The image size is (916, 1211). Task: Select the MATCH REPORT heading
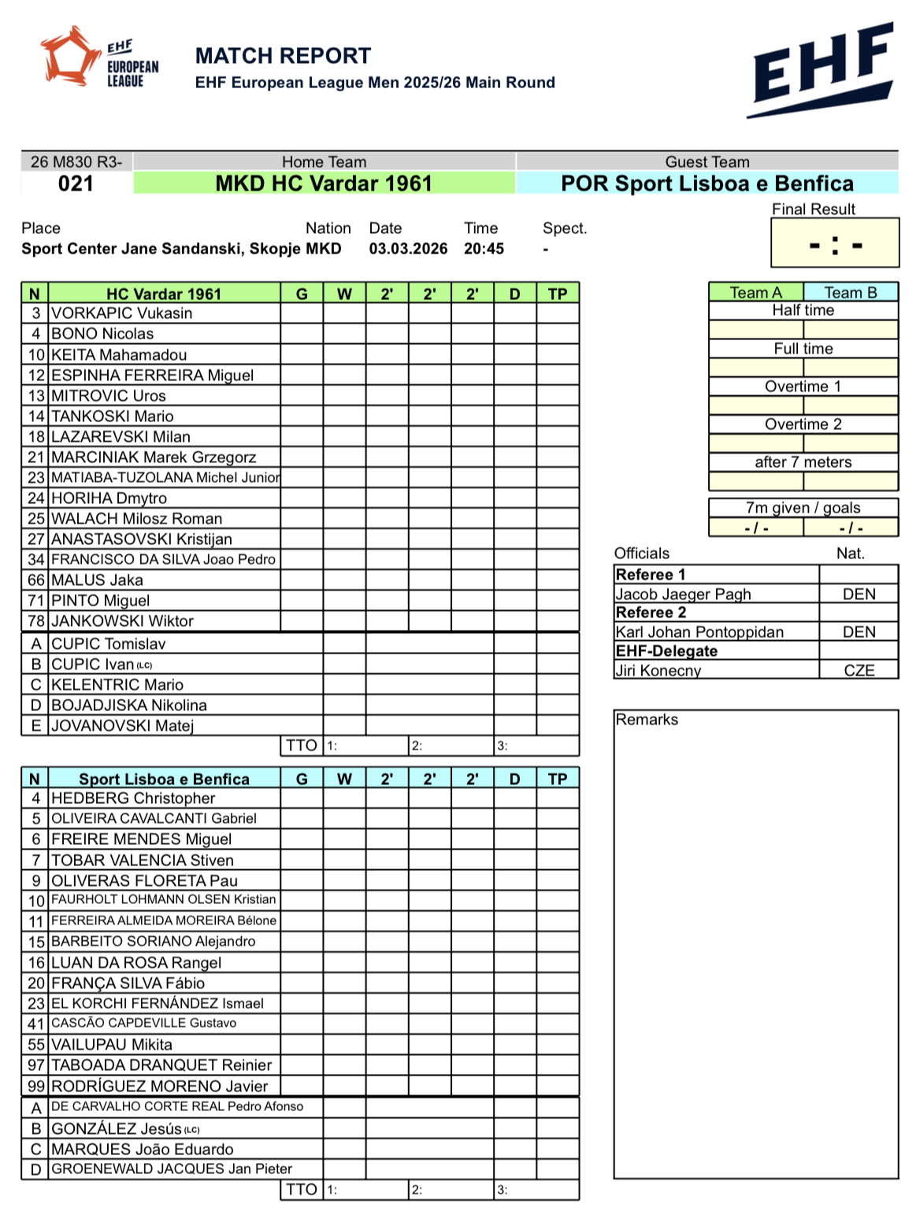[x=283, y=56]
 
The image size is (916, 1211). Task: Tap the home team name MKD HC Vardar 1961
[x=324, y=183]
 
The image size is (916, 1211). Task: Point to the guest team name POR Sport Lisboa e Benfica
[x=706, y=183]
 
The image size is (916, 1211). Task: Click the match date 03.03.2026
[x=408, y=249]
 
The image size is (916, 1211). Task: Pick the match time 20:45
[x=484, y=249]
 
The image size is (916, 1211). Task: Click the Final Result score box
[x=835, y=244]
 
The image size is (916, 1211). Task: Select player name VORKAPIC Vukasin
[x=122, y=313]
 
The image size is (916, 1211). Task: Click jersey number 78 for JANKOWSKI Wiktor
[x=36, y=621]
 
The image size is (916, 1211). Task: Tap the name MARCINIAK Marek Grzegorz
[x=154, y=457]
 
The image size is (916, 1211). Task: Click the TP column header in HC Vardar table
[x=558, y=294]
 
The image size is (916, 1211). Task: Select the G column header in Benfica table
[x=302, y=779]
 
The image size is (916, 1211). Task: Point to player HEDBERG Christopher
[x=133, y=798]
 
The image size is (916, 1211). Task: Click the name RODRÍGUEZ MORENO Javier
[x=160, y=1087]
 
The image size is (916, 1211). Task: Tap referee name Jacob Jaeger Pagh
[x=683, y=594]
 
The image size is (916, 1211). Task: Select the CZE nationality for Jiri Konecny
[x=859, y=671]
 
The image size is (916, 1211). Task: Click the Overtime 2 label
[x=803, y=424]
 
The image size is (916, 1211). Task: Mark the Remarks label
[x=647, y=720]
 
